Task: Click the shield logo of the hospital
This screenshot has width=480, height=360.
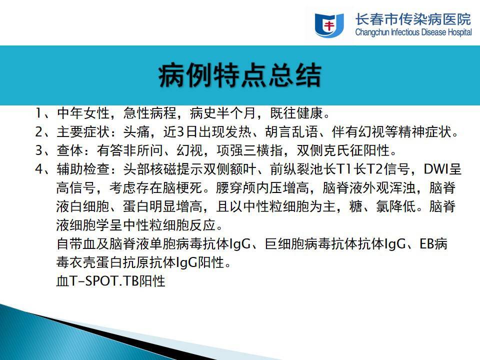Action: [x=329, y=25]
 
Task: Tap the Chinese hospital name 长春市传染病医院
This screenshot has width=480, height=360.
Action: [x=413, y=19]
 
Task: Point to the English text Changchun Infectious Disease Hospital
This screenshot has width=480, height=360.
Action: [x=413, y=32]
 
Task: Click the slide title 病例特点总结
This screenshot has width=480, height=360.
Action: [x=239, y=75]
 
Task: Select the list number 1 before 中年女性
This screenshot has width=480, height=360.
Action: [x=38, y=113]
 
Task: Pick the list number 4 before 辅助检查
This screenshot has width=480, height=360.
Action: [x=39, y=169]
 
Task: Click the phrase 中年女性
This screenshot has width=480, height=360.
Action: [x=83, y=113]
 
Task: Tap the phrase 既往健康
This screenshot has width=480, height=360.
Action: [x=296, y=113]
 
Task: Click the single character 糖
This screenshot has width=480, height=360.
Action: [x=355, y=206]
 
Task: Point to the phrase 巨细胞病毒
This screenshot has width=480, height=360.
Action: [x=298, y=244]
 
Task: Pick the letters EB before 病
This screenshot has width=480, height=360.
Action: [x=427, y=244]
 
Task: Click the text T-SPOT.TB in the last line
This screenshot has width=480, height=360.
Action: [x=104, y=281]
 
